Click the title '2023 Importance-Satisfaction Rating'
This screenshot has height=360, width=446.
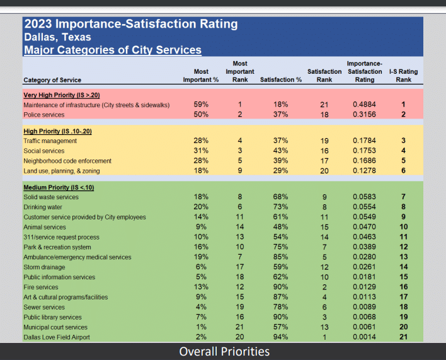pos(130,25)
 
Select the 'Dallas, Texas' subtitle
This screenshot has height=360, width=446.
pos(57,37)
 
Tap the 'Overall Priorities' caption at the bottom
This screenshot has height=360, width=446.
pos(224,351)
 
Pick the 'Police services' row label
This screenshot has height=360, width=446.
pos(43,115)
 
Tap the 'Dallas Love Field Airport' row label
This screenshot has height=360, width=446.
pos(57,337)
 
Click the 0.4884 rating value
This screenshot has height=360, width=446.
pos(364,105)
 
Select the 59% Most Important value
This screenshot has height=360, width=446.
pos(201,105)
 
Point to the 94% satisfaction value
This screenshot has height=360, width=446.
pos(280,337)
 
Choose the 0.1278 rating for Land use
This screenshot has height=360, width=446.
pos(364,171)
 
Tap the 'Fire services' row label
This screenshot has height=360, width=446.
pos(42,287)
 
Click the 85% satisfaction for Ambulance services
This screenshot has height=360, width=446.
pos(280,257)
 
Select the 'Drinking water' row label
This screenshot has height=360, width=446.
pos(43,207)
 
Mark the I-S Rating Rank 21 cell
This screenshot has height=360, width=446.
pos(403,337)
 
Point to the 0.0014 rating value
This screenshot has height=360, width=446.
pos(364,337)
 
